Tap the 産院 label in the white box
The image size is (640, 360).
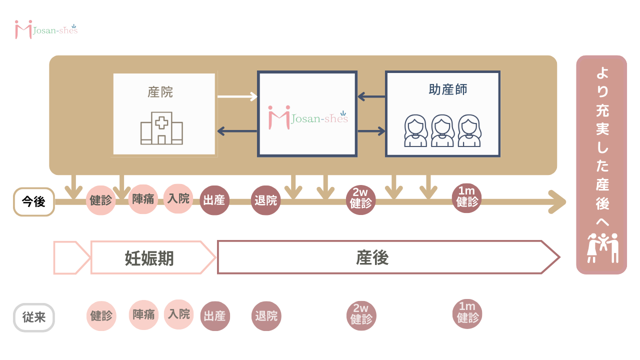pos(160,92)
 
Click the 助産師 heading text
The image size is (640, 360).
pos(448,89)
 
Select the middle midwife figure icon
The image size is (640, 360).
pos(442,131)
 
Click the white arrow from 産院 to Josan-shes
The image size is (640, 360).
pos(237,96)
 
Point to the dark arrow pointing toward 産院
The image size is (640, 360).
pos(237,131)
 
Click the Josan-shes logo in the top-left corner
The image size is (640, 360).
pos(46,29)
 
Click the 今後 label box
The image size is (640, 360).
pos(33,202)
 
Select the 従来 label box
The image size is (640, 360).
pos(33,317)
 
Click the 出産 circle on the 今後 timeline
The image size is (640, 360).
pos(214,200)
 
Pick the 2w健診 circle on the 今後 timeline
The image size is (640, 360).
pos(360,200)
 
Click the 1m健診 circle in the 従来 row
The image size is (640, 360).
pos(467,314)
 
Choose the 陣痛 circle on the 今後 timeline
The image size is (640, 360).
pos(143,199)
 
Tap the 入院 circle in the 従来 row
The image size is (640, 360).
pos(178,314)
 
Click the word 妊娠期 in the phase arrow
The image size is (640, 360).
pos(148,258)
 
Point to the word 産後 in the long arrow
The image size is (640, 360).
pos(372,258)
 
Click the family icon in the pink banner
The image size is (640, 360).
pos(602,247)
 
